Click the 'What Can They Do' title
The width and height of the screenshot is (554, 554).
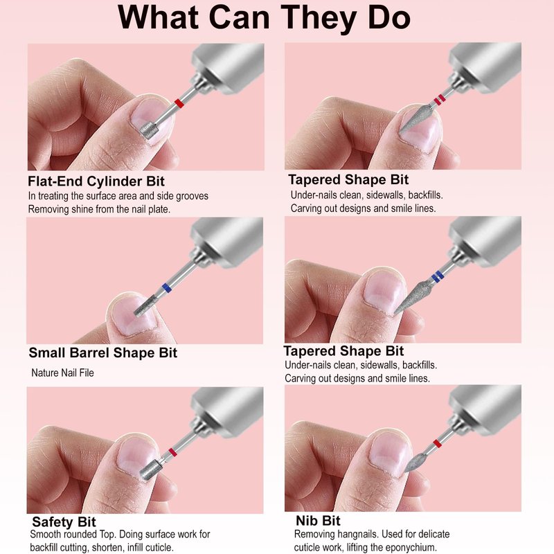(x=264, y=18)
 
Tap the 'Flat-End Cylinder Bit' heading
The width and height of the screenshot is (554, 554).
(x=96, y=181)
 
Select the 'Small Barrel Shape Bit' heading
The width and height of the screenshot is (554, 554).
(x=102, y=352)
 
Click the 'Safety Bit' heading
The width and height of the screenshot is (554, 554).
(x=64, y=522)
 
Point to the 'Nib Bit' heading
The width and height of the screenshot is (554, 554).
(x=318, y=521)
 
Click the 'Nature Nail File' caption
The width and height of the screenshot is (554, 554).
(x=62, y=373)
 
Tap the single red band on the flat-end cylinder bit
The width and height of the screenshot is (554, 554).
(x=179, y=104)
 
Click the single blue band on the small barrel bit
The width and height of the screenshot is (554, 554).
(x=166, y=287)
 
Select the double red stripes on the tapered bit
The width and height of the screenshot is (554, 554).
(x=439, y=100)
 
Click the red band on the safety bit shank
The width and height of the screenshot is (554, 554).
(x=172, y=452)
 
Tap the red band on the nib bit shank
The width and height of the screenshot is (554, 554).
(x=437, y=444)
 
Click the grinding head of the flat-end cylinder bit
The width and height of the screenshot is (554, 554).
(x=149, y=130)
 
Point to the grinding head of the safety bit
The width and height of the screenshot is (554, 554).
(x=151, y=470)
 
